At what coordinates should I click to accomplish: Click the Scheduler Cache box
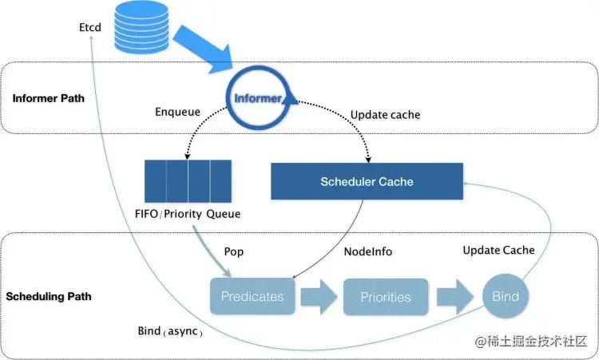(x=367, y=181)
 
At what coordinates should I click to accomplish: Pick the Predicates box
(x=252, y=296)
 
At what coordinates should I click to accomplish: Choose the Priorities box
(x=385, y=297)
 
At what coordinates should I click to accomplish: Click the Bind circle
(x=506, y=296)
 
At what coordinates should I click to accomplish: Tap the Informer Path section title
(x=49, y=98)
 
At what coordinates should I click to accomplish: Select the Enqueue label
(x=177, y=113)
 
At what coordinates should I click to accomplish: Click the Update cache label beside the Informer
(x=385, y=115)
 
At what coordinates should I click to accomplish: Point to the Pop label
(x=233, y=251)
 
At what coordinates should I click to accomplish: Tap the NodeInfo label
(x=367, y=251)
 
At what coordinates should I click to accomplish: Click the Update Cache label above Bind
(x=498, y=251)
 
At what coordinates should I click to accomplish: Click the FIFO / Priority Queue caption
(x=188, y=214)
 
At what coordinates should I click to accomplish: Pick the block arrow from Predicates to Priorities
(x=318, y=296)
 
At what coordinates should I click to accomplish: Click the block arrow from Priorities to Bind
(x=455, y=296)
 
